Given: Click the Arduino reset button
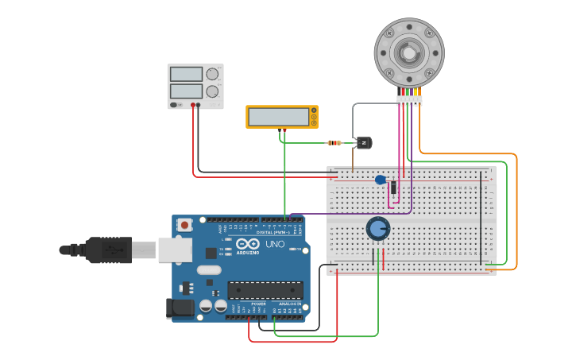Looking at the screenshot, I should click(185, 225).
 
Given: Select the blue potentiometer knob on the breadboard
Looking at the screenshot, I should click(378, 229).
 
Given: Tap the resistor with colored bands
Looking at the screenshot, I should click(334, 143).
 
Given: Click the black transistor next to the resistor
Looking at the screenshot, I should click(363, 143).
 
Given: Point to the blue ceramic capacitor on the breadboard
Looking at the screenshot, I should click(381, 180).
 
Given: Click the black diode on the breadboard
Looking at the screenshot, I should click(393, 188).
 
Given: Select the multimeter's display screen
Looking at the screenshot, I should click(278, 117).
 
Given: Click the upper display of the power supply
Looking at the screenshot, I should click(186, 74).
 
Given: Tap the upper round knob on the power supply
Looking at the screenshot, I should click(212, 74).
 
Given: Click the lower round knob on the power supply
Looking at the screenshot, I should click(212, 91).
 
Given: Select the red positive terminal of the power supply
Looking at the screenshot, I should click(192, 105).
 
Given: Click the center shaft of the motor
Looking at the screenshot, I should click(408, 53).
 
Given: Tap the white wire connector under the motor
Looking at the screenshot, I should click(409, 100).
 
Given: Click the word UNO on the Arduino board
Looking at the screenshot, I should click(274, 244).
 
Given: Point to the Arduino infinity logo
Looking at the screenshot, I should click(247, 244).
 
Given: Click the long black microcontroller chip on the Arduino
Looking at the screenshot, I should click(265, 290).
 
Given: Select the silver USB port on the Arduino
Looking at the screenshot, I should click(175, 250).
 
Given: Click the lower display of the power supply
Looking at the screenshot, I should click(186, 91).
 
